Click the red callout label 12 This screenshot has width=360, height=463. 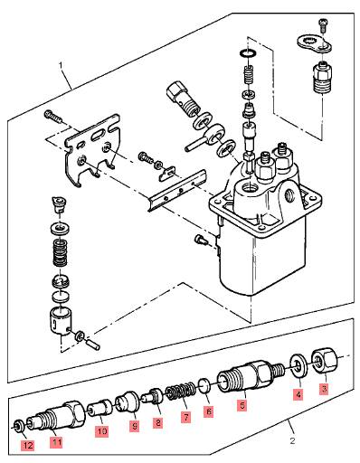pos(28,445)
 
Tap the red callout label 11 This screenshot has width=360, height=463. pos(56,442)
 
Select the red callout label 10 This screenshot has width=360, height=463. pos(102,431)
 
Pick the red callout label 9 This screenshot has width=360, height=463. pos(135,426)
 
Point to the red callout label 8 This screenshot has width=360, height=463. pos(157,422)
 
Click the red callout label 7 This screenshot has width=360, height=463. pos(185,417)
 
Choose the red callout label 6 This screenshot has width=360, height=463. pos(208,411)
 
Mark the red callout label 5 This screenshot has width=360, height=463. pos(242,405)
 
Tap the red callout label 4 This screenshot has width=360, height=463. pos(298,394)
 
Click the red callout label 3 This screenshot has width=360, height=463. pos(324,388)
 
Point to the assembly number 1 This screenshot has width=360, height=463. pos(61,65)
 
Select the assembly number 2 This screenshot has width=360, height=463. pos(292,441)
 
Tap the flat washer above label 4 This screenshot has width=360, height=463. pos(298,366)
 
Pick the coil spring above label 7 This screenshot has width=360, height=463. pos(180,392)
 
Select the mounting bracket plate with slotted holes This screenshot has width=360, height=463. pos(92,149)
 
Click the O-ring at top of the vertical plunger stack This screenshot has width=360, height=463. pos(249,53)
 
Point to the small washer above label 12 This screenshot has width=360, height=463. pos(18,426)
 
